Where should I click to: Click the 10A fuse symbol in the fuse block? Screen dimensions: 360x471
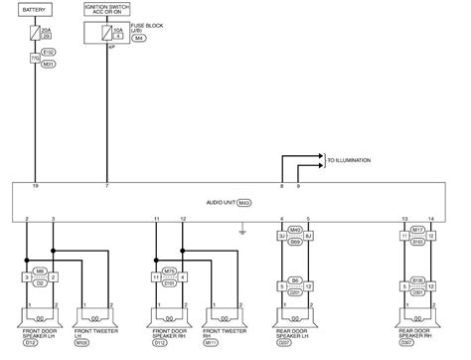pos(112,35)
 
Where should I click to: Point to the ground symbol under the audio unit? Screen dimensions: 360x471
pos(241,236)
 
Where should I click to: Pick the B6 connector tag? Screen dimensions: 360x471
pos(295,280)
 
